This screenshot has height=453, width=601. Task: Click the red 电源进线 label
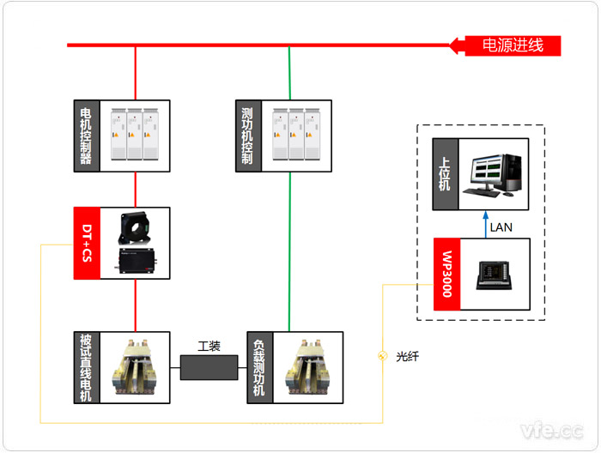pos(513,45)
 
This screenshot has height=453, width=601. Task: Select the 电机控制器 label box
pos(86,136)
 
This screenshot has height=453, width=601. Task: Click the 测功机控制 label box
pos(247,136)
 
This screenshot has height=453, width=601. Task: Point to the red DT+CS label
pos(87,243)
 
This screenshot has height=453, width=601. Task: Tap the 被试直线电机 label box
pos(86,367)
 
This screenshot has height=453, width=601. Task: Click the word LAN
pos(501,226)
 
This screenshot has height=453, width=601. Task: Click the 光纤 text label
pos(408,357)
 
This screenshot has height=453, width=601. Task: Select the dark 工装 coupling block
pos(209,368)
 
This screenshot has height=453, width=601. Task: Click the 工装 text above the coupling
pos(209,347)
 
